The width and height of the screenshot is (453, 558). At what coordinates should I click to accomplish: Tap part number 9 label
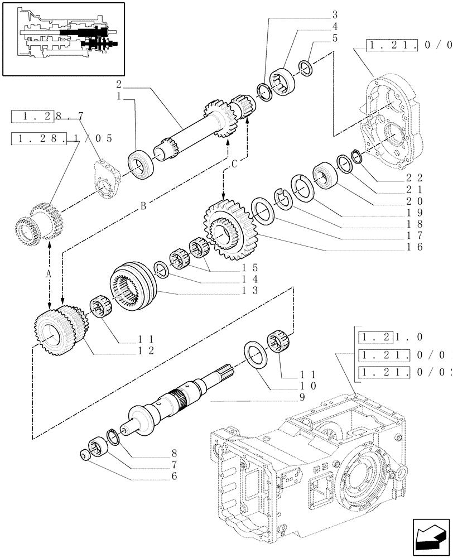[x=301, y=397]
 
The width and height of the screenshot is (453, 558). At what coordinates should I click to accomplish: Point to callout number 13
[x=238, y=290]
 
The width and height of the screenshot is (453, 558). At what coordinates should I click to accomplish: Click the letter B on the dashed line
[x=144, y=205]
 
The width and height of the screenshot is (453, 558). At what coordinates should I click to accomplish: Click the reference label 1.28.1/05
[x=61, y=138]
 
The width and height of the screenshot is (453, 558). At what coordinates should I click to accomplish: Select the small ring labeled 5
[x=305, y=66]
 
